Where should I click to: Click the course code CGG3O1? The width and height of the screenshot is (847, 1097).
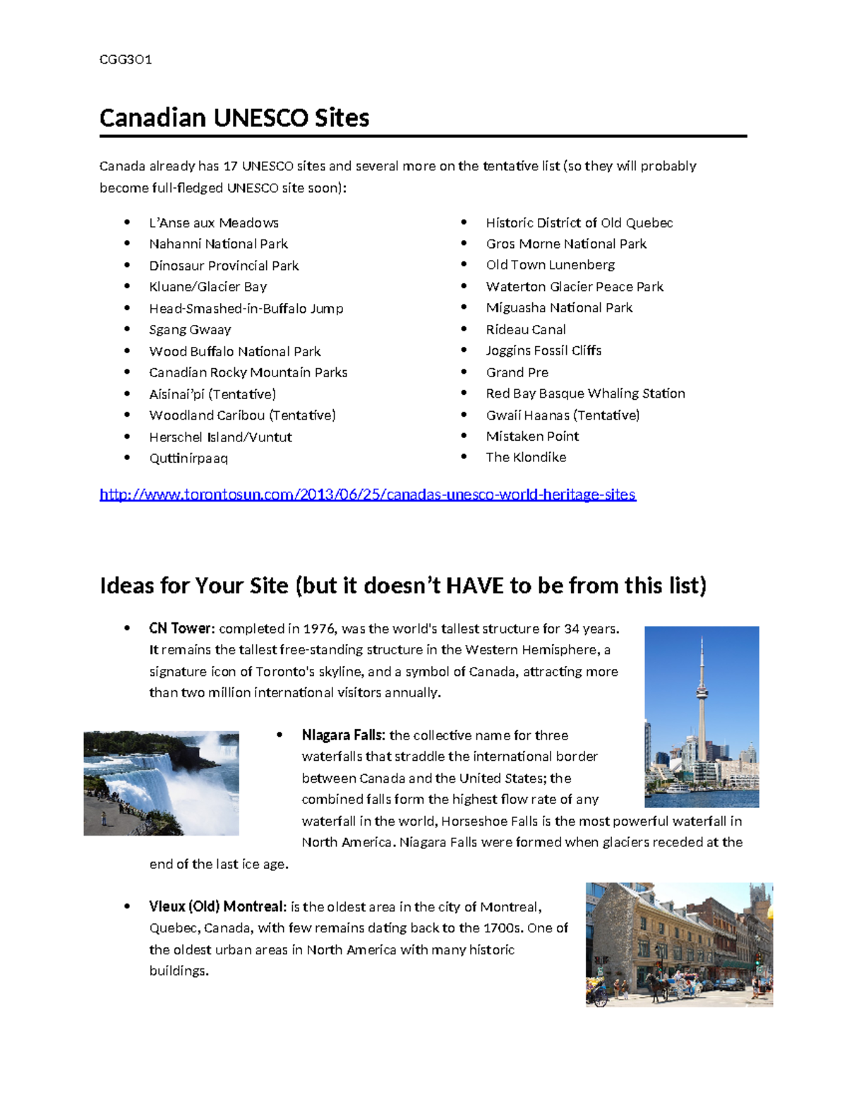click(x=126, y=59)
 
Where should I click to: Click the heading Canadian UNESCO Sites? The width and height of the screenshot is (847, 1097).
click(x=234, y=117)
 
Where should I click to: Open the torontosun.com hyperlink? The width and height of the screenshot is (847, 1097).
click(x=367, y=494)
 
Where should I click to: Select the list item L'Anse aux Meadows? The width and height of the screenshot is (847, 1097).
click(x=213, y=223)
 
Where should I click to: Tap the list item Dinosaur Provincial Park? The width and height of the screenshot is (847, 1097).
click(x=224, y=266)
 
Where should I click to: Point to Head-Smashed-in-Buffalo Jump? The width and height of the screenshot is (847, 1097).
click(x=246, y=309)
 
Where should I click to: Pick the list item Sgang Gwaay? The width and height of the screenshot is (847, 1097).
click(x=190, y=330)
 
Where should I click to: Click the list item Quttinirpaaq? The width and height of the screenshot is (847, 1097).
click(x=188, y=458)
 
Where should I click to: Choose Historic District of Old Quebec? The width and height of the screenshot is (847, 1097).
click(x=579, y=223)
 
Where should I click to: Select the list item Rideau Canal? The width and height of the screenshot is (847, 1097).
click(x=525, y=330)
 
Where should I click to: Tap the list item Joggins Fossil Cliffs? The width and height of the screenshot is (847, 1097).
click(x=543, y=351)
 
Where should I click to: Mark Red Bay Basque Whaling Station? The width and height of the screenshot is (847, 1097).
click(x=585, y=393)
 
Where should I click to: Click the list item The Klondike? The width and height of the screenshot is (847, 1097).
click(x=526, y=457)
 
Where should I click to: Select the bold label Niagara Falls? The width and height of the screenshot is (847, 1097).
click(x=343, y=735)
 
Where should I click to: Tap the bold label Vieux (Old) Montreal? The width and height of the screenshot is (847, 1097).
click(x=217, y=906)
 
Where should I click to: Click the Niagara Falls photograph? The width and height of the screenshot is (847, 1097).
click(x=161, y=783)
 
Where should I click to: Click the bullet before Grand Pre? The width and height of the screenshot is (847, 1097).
click(x=464, y=372)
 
